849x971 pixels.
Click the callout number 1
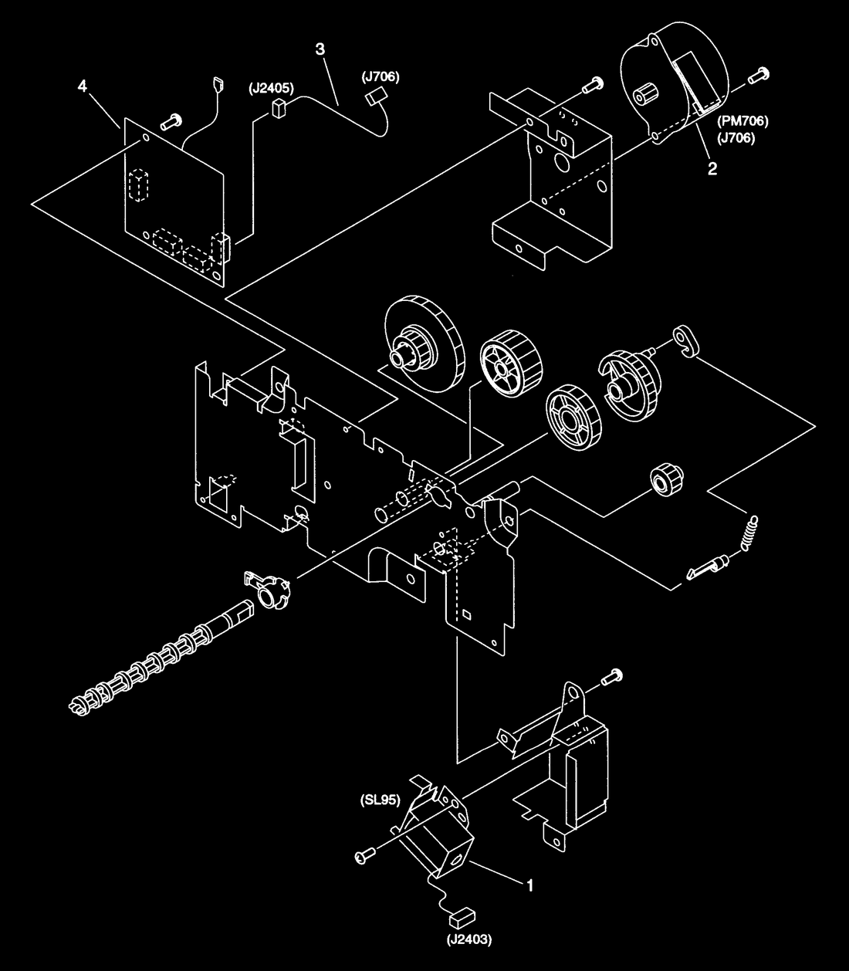pos(529,885)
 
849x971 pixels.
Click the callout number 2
pos(712,168)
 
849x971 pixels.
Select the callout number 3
pos(320,49)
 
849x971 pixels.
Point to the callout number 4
pos(83,86)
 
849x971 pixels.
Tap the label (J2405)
pos(272,88)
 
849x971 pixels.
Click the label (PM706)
pos(742,121)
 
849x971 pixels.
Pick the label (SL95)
pos(381,800)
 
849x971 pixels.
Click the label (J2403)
pos(468,939)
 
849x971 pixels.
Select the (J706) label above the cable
pos(381,77)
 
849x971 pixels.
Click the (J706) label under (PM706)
pos(736,138)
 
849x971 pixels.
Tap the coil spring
pos(750,533)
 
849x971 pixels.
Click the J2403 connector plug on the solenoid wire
pos(462,917)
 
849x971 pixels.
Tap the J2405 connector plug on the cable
pos(278,108)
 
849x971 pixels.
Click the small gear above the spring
pos(667,480)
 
